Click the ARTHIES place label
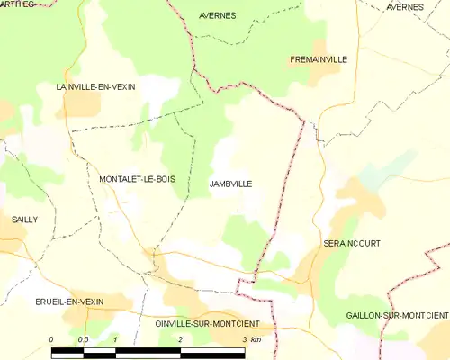point(16,4)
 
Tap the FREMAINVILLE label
point(319,59)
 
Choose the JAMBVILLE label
point(230,184)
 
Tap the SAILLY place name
point(25,219)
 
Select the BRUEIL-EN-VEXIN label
point(71,301)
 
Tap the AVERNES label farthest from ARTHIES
point(404,7)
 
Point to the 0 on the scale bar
point(52,338)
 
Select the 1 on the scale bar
point(116,338)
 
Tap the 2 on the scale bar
point(181,338)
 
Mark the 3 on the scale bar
point(244,338)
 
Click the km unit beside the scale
point(256,338)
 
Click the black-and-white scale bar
point(148,352)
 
